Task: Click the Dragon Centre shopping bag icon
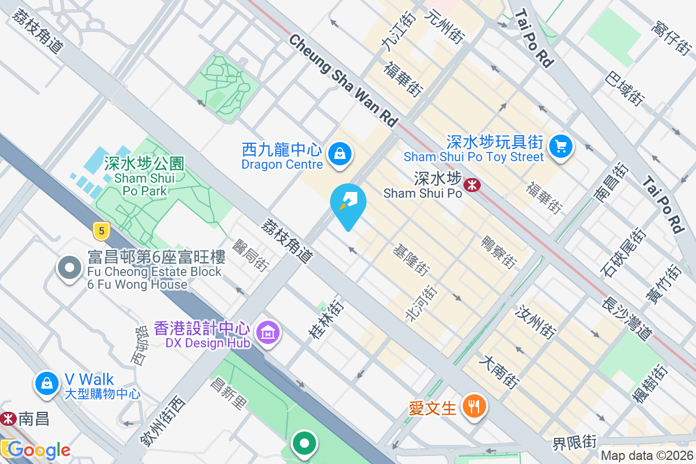[338, 154]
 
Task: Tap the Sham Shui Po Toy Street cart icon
[560, 146]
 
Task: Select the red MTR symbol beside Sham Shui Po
[473, 184]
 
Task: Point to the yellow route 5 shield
[101, 231]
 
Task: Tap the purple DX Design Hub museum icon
[267, 333]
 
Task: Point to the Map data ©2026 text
[646, 456]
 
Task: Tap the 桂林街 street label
[327, 320]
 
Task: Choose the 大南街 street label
[498, 372]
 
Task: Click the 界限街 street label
[574, 443]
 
